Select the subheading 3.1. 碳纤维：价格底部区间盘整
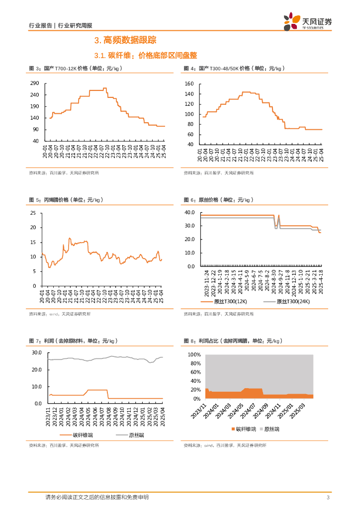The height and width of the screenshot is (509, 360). [142, 55]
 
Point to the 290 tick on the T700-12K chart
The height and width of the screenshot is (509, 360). [35, 84]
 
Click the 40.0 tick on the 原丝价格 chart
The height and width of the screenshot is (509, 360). [189, 212]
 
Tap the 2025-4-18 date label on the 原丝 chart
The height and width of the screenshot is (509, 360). [321, 282]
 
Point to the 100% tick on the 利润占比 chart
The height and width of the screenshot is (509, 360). [193, 355]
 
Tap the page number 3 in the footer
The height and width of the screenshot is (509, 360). [328, 498]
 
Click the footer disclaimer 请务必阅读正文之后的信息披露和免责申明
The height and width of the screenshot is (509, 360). [96, 497]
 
